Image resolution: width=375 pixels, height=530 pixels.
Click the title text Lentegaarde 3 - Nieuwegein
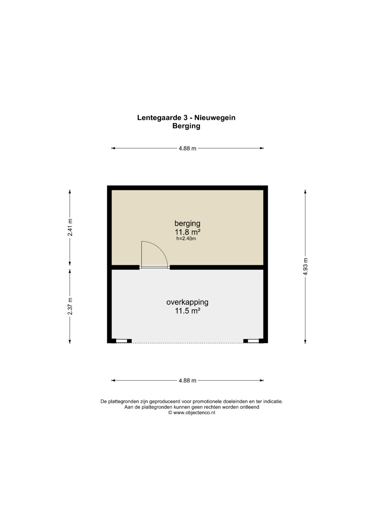pyautogui.click(x=186, y=118)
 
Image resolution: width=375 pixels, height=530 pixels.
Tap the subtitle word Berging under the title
pyautogui.click(x=186, y=126)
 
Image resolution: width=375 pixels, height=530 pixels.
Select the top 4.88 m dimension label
pyautogui.click(x=187, y=148)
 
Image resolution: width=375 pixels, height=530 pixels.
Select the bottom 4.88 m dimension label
pyautogui.click(x=187, y=380)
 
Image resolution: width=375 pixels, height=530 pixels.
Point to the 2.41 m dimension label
pyautogui.click(x=70, y=227)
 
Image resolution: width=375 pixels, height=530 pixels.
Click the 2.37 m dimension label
pyautogui.click(x=70, y=306)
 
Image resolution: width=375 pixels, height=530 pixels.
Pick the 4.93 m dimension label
pyautogui.click(x=306, y=267)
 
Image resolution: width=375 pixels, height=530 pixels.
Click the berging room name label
pyautogui.click(x=187, y=224)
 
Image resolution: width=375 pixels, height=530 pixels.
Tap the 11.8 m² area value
pyautogui.click(x=188, y=232)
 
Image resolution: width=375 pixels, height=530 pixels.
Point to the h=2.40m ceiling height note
pyautogui.click(x=186, y=238)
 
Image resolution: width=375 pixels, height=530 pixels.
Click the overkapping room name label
pyautogui.click(x=187, y=302)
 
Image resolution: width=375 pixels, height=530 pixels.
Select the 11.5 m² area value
pyautogui.click(x=188, y=311)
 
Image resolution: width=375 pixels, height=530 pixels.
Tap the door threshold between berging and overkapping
pyautogui.click(x=155, y=267)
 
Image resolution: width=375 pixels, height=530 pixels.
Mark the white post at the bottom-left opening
pyautogui.click(x=122, y=341)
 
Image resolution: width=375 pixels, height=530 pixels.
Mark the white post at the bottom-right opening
pyautogui.click(x=253, y=341)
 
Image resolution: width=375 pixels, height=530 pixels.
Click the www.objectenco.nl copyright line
pyautogui.click(x=192, y=413)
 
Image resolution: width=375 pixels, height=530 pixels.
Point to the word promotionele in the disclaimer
pyautogui.click(x=207, y=402)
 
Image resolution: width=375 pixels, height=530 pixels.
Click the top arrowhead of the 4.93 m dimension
pyautogui.click(x=306, y=191)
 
